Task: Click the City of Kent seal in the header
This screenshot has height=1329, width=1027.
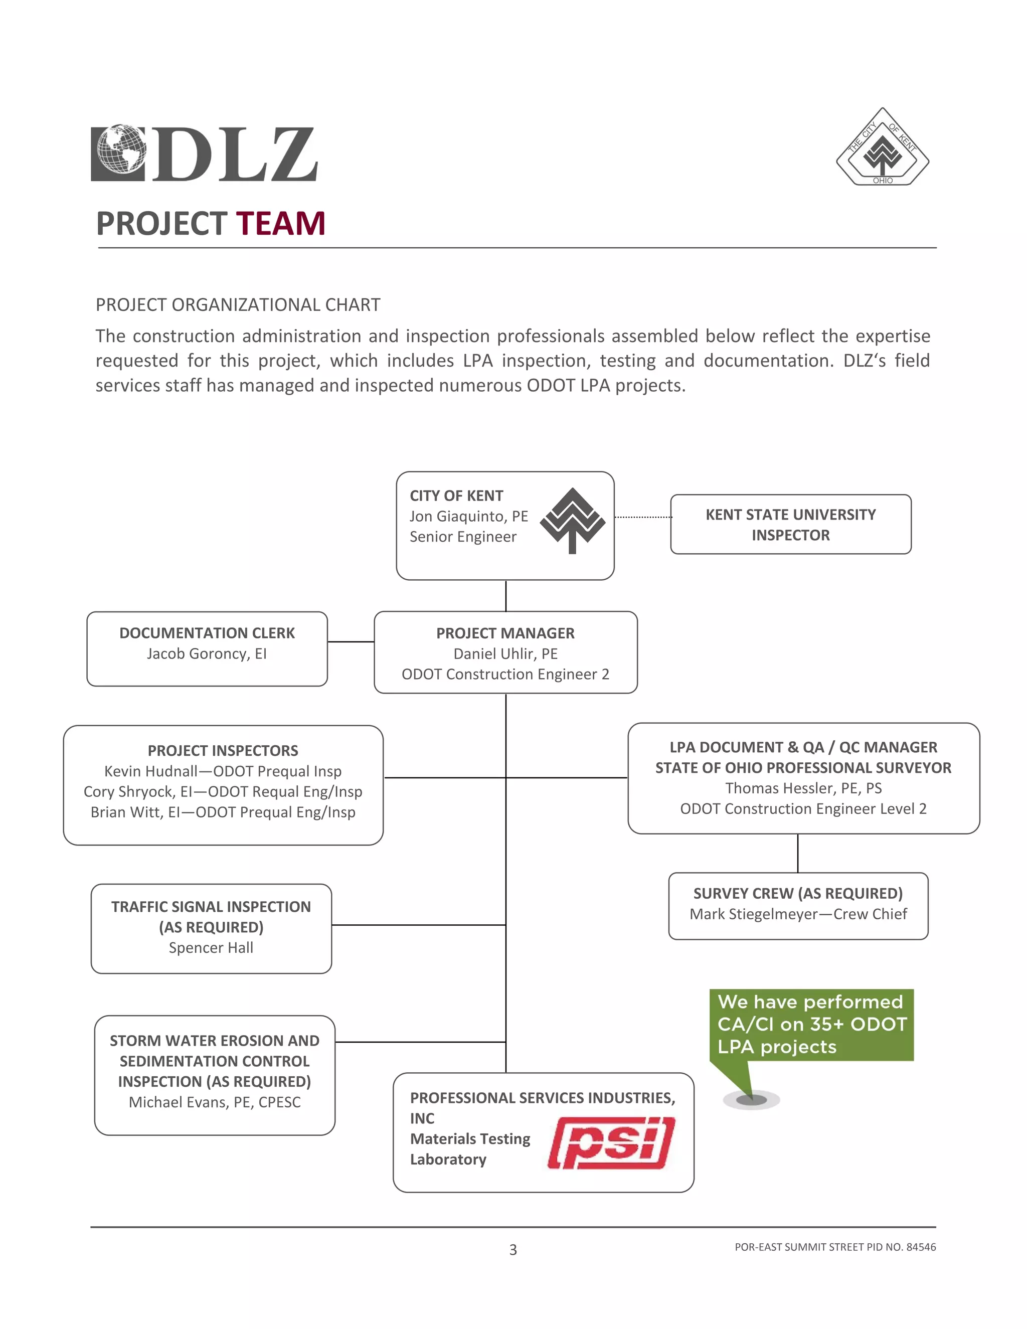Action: point(882,148)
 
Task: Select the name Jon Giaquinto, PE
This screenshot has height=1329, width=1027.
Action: point(468,517)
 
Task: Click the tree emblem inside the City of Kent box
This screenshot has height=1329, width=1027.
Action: point(572,520)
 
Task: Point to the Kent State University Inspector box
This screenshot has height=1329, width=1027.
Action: point(790,525)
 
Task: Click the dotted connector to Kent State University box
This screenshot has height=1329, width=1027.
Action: point(642,517)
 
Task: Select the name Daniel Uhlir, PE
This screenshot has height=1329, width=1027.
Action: point(505,654)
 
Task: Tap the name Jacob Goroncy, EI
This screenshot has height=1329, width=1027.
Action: point(207,654)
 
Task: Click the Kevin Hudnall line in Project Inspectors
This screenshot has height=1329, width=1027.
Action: point(223,772)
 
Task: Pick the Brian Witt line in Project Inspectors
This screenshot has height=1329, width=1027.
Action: point(223,812)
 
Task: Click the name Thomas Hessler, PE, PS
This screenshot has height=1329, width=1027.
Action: point(803,789)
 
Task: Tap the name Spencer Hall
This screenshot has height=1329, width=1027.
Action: point(211,948)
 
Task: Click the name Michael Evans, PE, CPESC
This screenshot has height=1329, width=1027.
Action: point(214,1103)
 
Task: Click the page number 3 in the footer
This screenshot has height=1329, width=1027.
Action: point(513,1250)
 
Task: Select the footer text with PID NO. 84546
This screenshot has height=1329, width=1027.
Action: point(835,1247)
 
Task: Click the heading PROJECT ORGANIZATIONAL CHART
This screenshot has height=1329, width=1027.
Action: point(238,305)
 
